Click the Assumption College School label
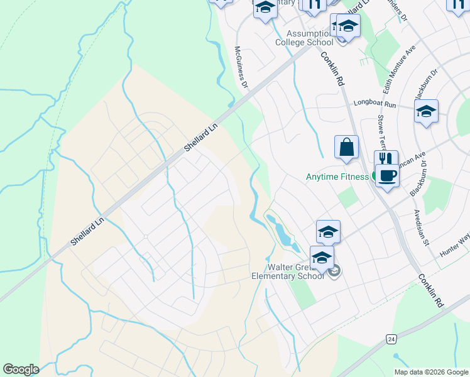click(x=305, y=38)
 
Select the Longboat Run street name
click(x=375, y=102)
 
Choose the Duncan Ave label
click(x=413, y=155)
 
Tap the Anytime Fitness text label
click(x=337, y=177)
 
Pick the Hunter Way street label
click(x=455, y=244)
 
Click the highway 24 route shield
click(x=391, y=339)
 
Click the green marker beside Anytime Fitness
click(x=374, y=177)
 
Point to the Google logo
click(x=21, y=369)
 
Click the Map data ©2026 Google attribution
click(x=432, y=372)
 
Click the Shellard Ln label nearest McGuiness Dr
click(x=200, y=136)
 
